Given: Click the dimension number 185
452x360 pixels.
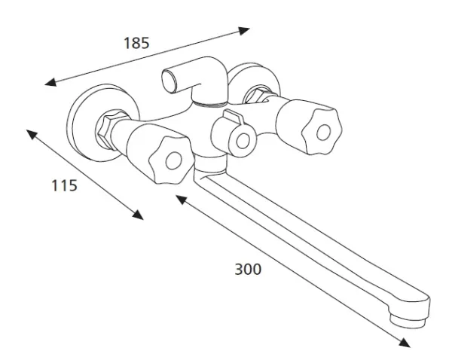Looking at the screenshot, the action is pyautogui.click(x=136, y=43).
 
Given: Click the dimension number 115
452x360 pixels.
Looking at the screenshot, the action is pyautogui.click(x=64, y=185).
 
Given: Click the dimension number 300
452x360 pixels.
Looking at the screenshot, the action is pyautogui.click(x=248, y=269).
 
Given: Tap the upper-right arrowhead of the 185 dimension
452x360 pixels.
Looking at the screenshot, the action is pyautogui.click(x=243, y=30).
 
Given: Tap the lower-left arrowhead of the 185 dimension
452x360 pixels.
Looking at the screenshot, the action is pyautogui.click(x=50, y=82).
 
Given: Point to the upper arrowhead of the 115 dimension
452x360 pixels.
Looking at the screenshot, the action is pyautogui.click(x=32, y=134).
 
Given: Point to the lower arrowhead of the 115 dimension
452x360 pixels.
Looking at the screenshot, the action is pyautogui.click(x=138, y=215).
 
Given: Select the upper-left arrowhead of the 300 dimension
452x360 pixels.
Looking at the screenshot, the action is pyautogui.click(x=182, y=200).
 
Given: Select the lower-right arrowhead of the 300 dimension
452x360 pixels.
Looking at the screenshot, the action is pyautogui.click(x=404, y=342).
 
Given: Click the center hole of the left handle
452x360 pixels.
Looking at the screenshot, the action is pyautogui.click(x=174, y=160).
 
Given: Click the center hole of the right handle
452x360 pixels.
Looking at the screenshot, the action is pyautogui.click(x=324, y=133).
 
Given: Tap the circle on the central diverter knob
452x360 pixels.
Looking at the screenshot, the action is pyautogui.click(x=243, y=142).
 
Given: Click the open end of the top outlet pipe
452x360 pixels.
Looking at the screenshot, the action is pyautogui.click(x=169, y=81).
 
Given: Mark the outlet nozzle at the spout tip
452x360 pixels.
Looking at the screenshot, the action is pyautogui.click(x=408, y=320).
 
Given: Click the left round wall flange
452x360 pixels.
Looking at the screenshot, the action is pyautogui.click(x=75, y=124).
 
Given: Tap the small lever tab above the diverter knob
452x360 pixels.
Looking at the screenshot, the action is pyautogui.click(x=234, y=117).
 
